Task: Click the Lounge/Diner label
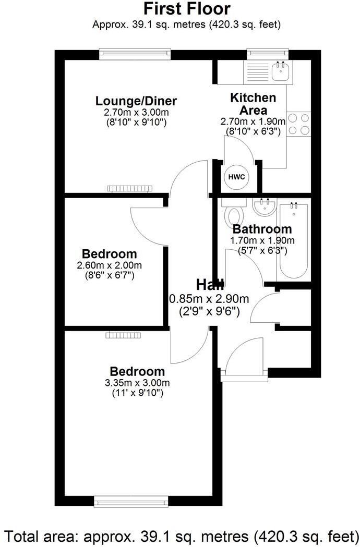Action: pos(136,101)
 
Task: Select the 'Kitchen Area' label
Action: pos(253,104)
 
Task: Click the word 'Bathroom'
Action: pos(262,229)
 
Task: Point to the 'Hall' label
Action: pos(210,285)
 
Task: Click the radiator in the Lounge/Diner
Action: pos(129,188)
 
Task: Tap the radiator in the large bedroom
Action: pos(123,335)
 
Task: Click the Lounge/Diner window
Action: pos(135,53)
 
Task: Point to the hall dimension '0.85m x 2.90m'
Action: pos(209,299)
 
